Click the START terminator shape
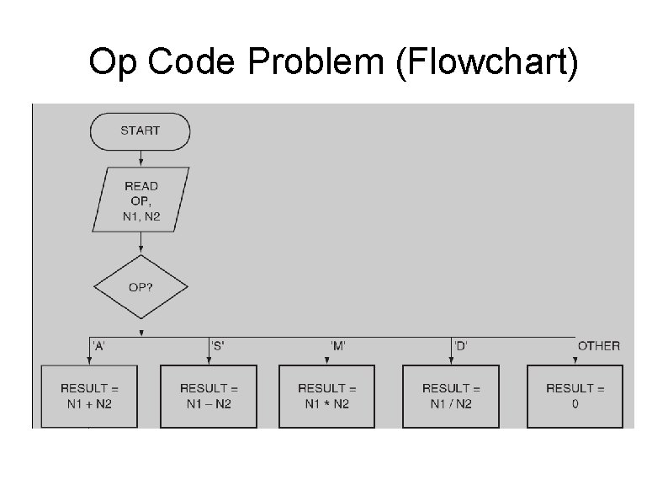[x=140, y=131]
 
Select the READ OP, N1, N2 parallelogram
[x=140, y=200]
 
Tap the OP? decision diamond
[x=140, y=287]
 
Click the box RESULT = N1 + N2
[x=89, y=396]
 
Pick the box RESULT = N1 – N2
[x=209, y=396]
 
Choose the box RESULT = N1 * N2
[x=327, y=396]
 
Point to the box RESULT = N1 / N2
[x=451, y=396]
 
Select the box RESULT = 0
[x=575, y=396]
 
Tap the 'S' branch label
[x=218, y=346]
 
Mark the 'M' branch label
[x=338, y=346]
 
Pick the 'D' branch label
[x=462, y=346]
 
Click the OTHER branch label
[x=598, y=346]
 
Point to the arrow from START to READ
[x=140, y=158]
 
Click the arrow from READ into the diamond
[x=140, y=244]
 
